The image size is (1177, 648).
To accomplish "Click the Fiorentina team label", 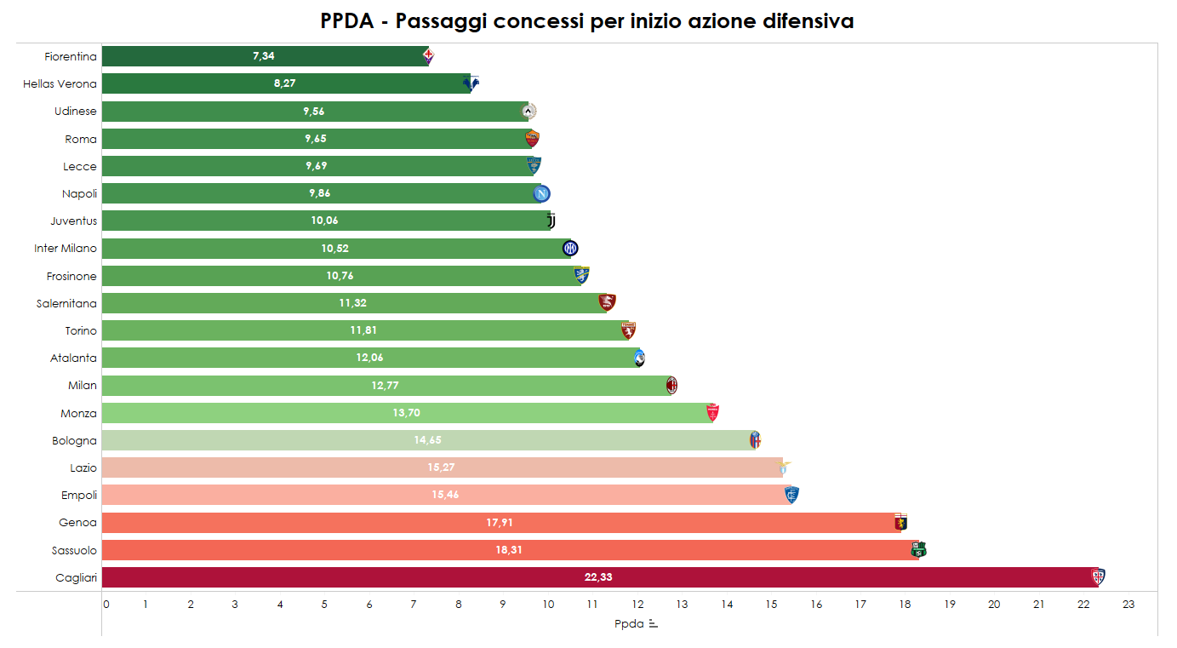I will (71, 57).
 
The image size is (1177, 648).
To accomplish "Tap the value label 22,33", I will (598, 577).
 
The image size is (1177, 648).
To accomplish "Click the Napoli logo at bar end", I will (541, 193).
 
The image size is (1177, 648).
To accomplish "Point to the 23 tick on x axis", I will (1128, 605).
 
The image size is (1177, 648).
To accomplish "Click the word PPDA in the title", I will (347, 21).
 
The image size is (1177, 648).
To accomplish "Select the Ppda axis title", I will (629, 624).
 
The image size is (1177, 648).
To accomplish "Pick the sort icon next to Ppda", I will (653, 624).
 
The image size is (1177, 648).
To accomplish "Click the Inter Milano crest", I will (570, 249).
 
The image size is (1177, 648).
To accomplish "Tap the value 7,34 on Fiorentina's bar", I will (264, 56).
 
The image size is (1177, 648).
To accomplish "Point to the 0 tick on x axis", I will (106, 605).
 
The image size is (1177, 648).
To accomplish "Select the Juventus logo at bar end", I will (551, 221).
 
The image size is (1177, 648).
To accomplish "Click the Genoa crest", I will (901, 523).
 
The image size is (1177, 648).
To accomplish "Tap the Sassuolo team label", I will (74, 550).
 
